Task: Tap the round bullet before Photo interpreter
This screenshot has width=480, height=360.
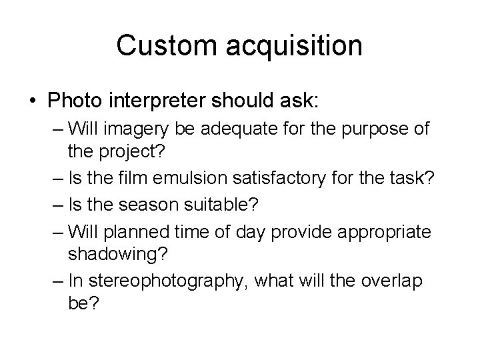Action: point(33,101)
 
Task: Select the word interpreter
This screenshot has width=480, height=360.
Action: point(167,102)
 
